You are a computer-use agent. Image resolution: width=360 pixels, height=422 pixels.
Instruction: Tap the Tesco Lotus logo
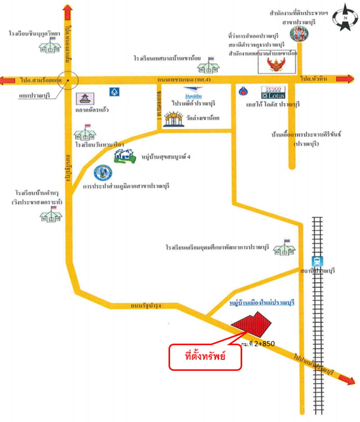[x=273, y=93]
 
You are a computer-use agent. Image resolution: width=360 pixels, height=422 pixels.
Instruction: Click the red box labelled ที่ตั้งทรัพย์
[x=205, y=357]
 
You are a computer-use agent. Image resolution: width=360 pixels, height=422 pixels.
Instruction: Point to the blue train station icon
[x=317, y=262]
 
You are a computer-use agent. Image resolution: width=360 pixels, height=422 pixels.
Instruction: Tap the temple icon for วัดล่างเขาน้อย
[x=174, y=119]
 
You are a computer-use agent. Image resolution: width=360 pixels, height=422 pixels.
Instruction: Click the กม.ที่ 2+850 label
[x=258, y=344]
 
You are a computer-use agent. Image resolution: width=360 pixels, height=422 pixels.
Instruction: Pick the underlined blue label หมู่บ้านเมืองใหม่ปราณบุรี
[x=262, y=303]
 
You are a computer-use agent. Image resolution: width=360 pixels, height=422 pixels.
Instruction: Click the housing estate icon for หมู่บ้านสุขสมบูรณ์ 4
[x=125, y=156]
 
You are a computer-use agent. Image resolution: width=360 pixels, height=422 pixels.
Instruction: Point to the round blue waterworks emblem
[x=103, y=173]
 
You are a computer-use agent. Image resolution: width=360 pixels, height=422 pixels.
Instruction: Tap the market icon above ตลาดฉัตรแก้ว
[x=85, y=99]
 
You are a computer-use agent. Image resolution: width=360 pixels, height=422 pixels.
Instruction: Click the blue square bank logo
[x=114, y=92]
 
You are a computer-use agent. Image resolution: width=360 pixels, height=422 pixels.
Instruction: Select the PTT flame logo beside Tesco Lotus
[x=243, y=91]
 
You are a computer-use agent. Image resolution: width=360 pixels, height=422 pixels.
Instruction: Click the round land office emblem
[x=299, y=33]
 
